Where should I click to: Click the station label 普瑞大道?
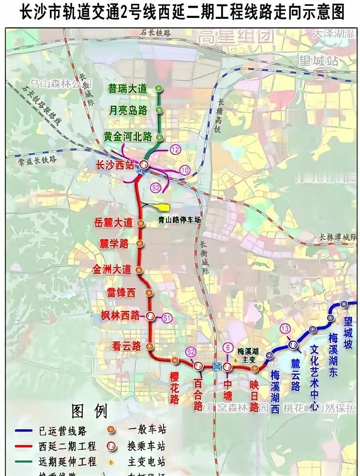128,89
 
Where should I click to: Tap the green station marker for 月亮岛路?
159,110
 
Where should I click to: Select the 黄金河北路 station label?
128,137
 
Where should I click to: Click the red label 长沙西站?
115,165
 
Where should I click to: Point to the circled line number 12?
175,150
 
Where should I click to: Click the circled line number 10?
185,170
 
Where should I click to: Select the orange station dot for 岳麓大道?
141,223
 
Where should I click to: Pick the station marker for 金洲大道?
139,270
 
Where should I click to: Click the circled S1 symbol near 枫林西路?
167,318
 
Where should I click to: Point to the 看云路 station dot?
150,346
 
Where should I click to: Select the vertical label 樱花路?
175,387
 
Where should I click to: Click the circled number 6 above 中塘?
227,347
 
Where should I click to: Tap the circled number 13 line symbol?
285,329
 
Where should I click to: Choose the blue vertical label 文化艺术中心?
315,377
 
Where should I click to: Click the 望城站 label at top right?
318,61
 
